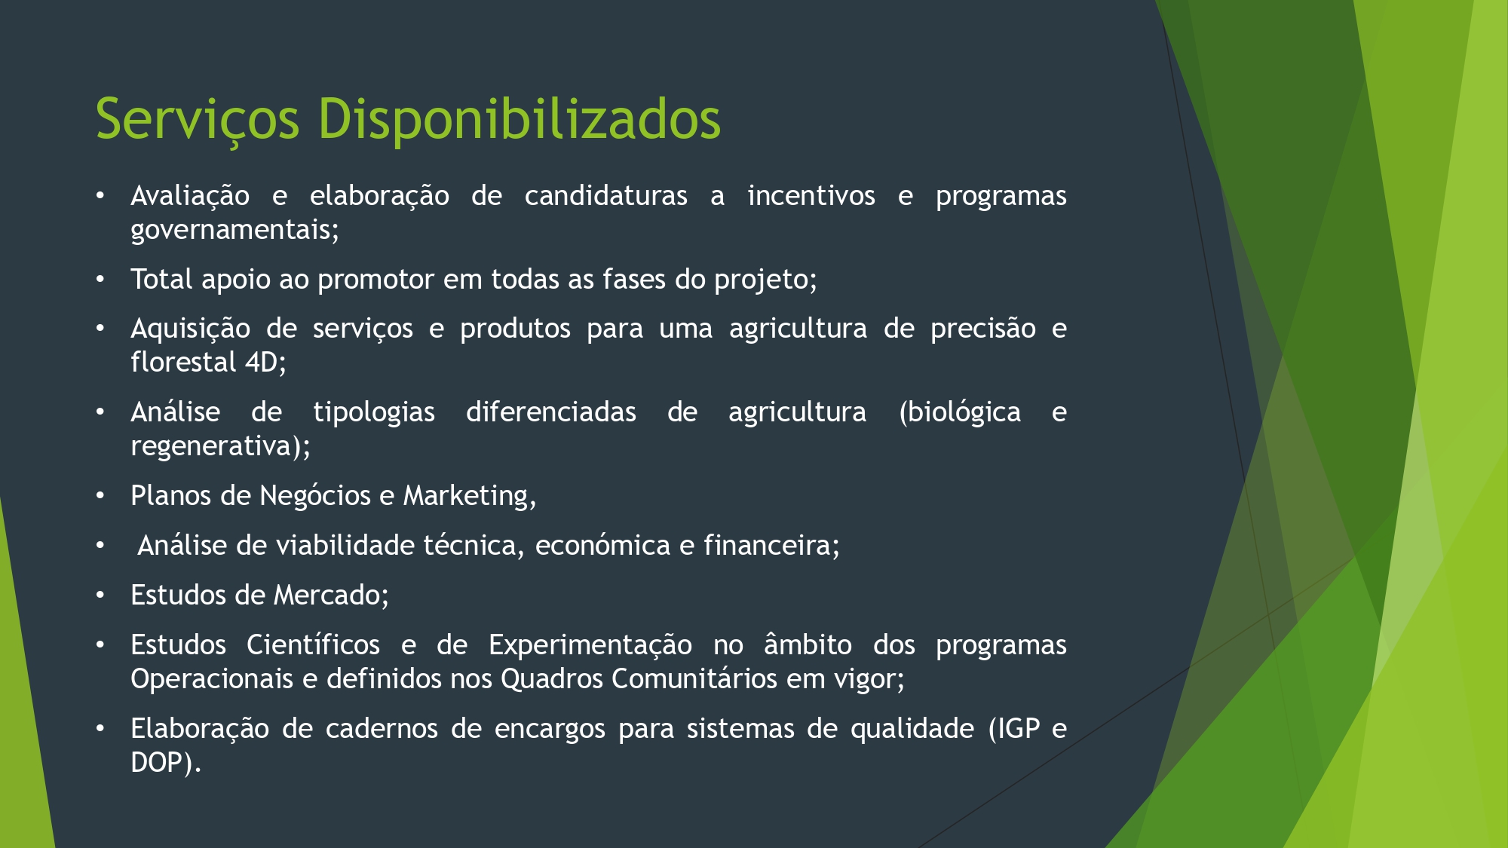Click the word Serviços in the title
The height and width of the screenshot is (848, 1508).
pos(198,120)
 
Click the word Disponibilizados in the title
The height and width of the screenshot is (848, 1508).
pos(519,118)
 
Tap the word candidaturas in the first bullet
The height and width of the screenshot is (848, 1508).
pos(606,196)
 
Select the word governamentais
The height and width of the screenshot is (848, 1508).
pos(234,230)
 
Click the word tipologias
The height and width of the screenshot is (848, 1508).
pos(374,412)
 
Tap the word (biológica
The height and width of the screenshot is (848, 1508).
pos(960,412)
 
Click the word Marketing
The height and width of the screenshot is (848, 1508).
pos(469,496)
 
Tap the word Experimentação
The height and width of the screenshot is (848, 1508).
pos(590,645)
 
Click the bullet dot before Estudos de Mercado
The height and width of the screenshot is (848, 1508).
pos(100,596)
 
